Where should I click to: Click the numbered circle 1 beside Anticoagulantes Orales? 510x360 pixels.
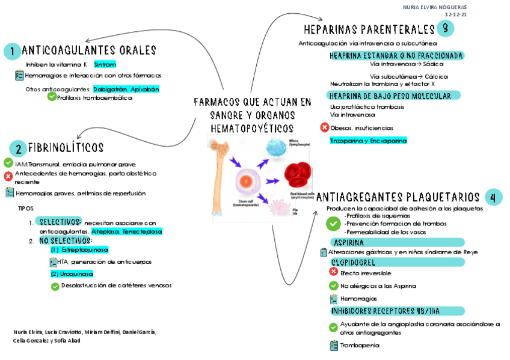[x=11, y=52]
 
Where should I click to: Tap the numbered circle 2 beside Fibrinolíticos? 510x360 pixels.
[x=17, y=148]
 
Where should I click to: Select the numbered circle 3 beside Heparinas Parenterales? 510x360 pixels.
[x=446, y=28]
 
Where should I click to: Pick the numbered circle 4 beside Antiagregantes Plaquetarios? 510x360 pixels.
[x=493, y=197]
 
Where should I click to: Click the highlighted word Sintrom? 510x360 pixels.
[x=105, y=64]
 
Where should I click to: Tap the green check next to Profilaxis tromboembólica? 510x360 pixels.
[x=52, y=97]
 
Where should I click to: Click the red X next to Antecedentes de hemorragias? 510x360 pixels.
[x=8, y=175]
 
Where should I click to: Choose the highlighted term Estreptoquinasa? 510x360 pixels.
[x=79, y=249]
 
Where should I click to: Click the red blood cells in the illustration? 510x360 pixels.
[x=299, y=175]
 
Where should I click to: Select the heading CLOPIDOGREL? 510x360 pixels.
[x=354, y=262]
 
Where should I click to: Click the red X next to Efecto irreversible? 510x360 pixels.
[x=333, y=272]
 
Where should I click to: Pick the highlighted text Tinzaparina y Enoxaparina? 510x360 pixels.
[x=368, y=141]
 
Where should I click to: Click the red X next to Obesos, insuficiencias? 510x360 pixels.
[x=325, y=127]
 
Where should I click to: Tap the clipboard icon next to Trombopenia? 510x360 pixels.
[x=334, y=346]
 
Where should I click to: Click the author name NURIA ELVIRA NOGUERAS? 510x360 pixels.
[x=435, y=7]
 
